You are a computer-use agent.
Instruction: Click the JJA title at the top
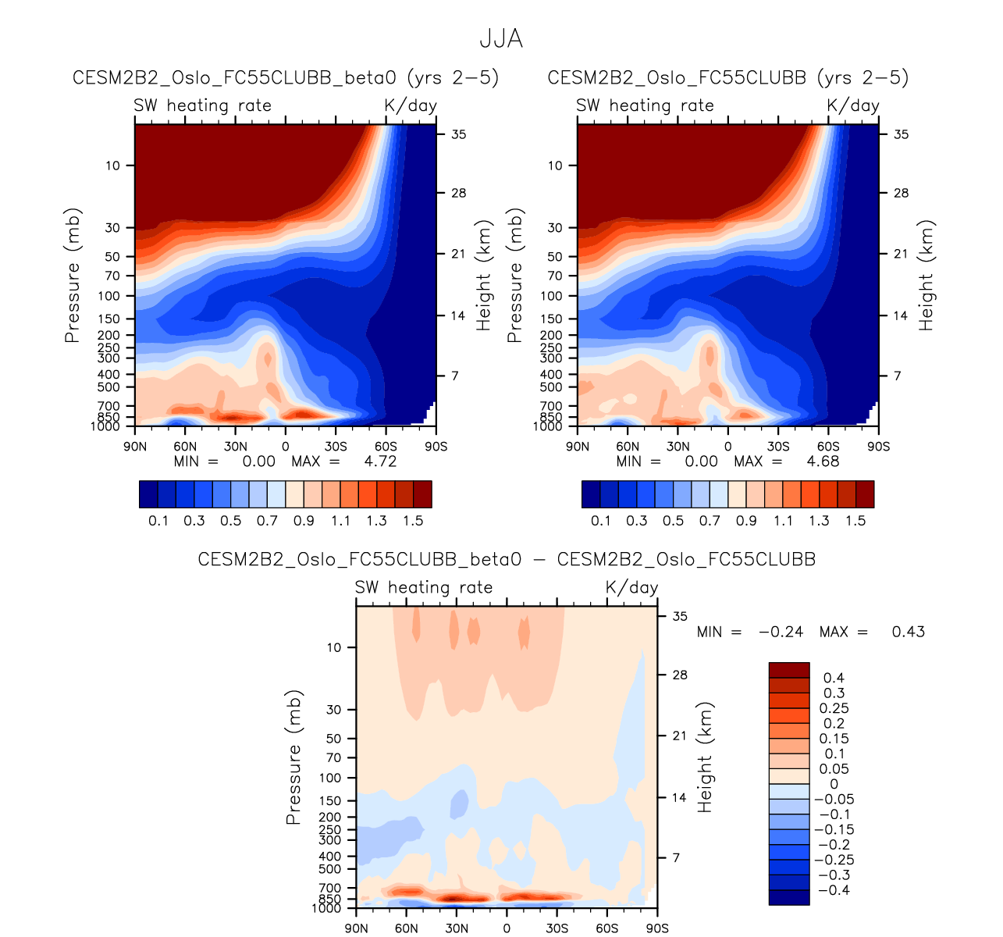pyautogui.click(x=500, y=39)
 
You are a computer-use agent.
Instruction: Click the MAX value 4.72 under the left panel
pyautogui.click(x=380, y=461)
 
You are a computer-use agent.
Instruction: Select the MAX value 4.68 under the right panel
pyautogui.click(x=823, y=461)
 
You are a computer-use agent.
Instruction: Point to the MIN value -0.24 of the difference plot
pyautogui.click(x=781, y=632)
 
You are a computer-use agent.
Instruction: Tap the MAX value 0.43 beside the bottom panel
pyautogui.click(x=909, y=632)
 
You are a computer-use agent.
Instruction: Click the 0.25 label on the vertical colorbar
pyautogui.click(x=834, y=708)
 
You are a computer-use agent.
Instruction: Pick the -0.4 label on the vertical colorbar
pyautogui.click(x=831, y=890)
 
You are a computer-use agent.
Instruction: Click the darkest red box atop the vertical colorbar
pyautogui.click(x=789, y=670)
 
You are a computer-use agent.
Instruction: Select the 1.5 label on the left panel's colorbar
pyautogui.click(x=413, y=521)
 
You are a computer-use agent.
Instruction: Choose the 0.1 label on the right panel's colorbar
pyautogui.click(x=600, y=521)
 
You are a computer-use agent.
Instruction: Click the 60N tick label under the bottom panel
pyautogui.click(x=407, y=928)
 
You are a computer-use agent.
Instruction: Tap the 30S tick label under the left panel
pyautogui.click(x=336, y=447)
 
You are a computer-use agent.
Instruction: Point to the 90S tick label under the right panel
pyautogui.click(x=878, y=447)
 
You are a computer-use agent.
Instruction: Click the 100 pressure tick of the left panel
pyautogui.click(x=109, y=296)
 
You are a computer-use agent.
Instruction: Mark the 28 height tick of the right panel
pyautogui.click(x=901, y=193)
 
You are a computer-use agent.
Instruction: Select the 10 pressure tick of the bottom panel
pyautogui.click(x=333, y=647)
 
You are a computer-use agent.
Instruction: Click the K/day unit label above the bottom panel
pyautogui.click(x=632, y=588)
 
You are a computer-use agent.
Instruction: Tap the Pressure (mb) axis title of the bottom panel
pyautogui.click(x=293, y=757)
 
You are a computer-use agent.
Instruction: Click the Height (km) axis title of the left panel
pyautogui.click(x=484, y=275)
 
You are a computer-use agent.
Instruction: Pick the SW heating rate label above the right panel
pyautogui.click(x=645, y=106)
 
